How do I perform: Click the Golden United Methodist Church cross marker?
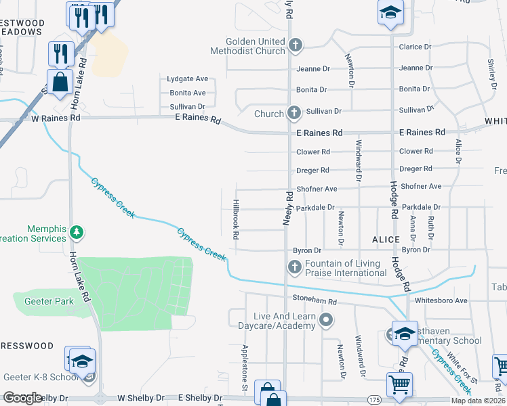295,45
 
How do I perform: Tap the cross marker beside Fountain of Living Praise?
295,268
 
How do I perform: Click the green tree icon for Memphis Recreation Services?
77,233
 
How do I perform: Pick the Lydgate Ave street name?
186,79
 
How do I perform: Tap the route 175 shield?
374,399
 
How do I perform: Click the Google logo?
23,398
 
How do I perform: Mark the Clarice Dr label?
415,47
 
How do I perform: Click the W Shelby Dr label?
142,399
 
